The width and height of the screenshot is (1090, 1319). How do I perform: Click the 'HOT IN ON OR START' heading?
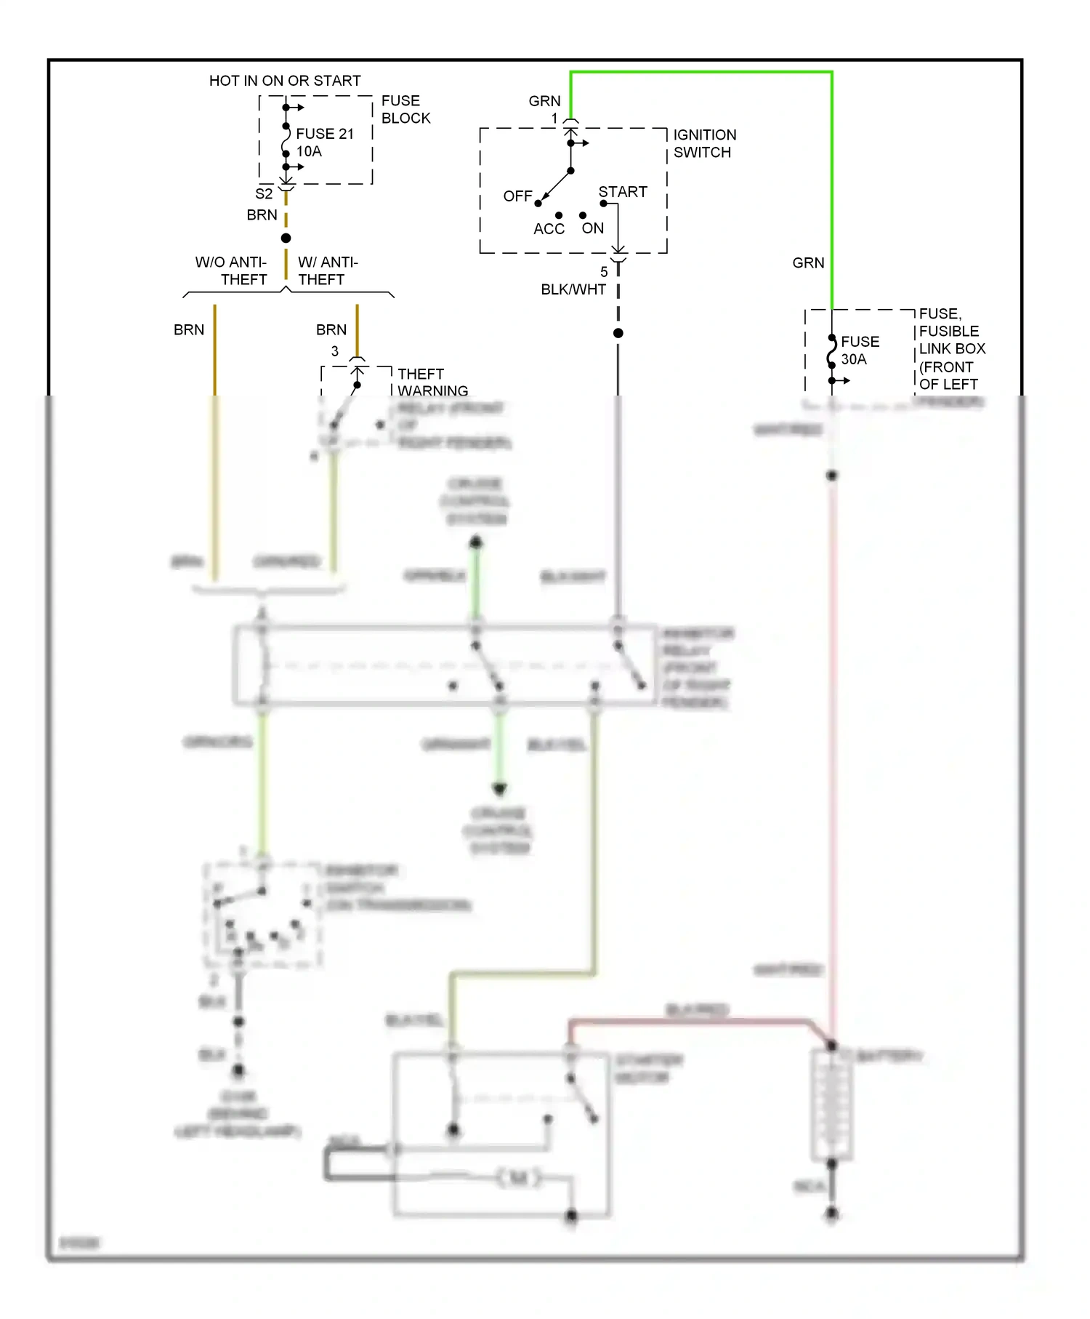point(285,81)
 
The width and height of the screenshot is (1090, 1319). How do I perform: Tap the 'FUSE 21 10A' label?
point(324,143)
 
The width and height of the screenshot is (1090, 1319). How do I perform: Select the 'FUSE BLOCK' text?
point(405,109)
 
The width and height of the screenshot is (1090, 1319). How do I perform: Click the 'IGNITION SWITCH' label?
point(704,143)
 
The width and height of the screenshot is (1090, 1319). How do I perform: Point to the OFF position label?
point(517,196)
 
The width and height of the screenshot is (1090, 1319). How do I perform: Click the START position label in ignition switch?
point(623,192)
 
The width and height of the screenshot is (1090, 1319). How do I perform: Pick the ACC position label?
point(549,229)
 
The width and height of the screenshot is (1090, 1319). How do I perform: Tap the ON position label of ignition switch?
point(593,228)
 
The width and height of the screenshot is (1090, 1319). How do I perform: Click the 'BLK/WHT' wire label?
point(573,289)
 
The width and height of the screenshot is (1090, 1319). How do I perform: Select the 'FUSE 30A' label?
point(860,350)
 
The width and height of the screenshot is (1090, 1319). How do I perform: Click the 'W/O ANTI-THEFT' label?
point(231,270)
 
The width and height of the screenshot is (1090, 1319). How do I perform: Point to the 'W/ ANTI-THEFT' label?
point(327,270)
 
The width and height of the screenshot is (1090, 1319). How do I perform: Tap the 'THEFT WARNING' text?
point(432,382)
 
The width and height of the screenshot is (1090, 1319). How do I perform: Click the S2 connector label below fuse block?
point(264,194)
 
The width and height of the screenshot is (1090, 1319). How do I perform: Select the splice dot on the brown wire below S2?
point(286,238)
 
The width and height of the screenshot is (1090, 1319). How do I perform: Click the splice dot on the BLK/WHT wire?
point(618,333)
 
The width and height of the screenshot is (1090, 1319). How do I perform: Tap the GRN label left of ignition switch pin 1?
point(544,101)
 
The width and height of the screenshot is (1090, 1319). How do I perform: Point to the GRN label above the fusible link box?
point(808,263)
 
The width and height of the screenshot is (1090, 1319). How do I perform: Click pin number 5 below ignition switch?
point(604,272)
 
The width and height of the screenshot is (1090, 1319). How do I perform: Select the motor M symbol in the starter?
point(519,1177)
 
